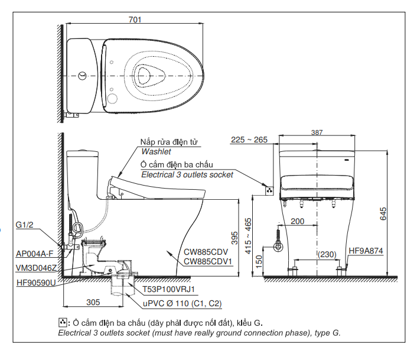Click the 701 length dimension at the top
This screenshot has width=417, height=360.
(135, 20)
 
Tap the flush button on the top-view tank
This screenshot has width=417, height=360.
(83, 76)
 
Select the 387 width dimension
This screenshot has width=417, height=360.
(317, 132)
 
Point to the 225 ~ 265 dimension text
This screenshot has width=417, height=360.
(249, 140)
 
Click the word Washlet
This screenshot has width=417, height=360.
(156, 152)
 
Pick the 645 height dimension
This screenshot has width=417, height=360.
(383, 214)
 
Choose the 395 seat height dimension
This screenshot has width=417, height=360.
(234, 238)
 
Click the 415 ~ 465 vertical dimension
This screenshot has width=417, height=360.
(248, 236)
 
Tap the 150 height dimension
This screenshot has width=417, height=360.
(259, 261)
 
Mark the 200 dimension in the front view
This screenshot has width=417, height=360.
(297, 221)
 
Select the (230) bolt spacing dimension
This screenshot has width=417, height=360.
(327, 255)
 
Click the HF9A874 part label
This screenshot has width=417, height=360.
(366, 251)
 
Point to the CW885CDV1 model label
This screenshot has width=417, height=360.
(208, 261)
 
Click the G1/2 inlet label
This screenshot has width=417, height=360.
(24, 225)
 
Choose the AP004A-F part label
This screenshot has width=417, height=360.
(35, 254)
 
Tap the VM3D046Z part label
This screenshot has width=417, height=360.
(36, 268)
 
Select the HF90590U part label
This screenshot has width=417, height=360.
(36, 283)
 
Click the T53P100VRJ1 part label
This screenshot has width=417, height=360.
(168, 289)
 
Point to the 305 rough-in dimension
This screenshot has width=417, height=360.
(93, 302)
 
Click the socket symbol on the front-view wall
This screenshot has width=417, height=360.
(269, 191)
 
